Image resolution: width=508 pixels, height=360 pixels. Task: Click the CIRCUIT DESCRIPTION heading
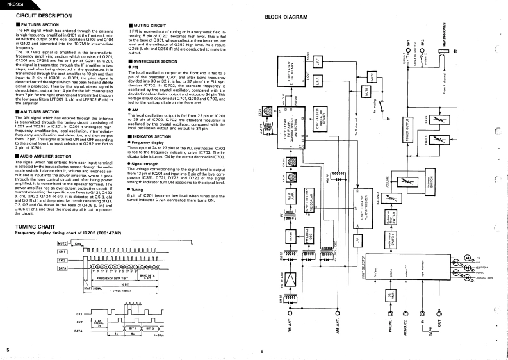tap(39, 13)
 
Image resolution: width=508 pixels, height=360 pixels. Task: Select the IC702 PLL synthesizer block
tap(341, 208)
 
